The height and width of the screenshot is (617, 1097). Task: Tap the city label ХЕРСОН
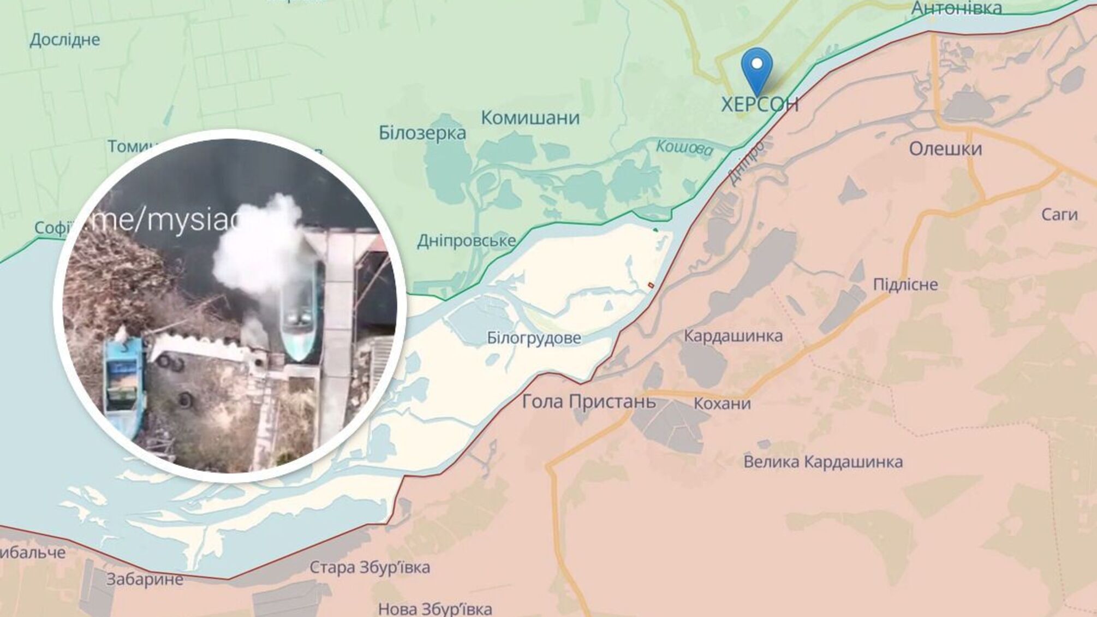[x=760, y=104]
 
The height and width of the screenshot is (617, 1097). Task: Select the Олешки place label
[x=945, y=149]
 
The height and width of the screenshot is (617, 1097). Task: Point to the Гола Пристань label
[x=589, y=402]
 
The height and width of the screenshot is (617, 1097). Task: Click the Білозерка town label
[x=422, y=133]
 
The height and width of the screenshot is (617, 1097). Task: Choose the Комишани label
[x=530, y=117]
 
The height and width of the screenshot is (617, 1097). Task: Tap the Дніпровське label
[x=467, y=241]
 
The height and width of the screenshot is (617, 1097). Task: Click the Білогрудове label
[x=534, y=338]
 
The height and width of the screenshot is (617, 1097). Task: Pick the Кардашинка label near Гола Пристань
[x=733, y=335]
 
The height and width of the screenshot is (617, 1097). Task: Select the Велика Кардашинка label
[x=823, y=462]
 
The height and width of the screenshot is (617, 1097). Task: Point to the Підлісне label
[x=905, y=284]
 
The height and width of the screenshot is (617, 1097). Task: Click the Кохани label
[x=722, y=404]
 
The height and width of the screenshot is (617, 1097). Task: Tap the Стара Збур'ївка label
[x=369, y=567]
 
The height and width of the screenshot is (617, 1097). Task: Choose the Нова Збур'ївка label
[x=435, y=608]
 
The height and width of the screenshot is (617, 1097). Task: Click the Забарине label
[x=145, y=579]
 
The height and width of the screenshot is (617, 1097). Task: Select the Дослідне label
[x=65, y=40]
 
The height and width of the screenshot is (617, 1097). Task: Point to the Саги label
[x=1059, y=215]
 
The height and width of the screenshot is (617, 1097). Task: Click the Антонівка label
[x=957, y=8]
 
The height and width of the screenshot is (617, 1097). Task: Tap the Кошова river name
[x=684, y=147]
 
